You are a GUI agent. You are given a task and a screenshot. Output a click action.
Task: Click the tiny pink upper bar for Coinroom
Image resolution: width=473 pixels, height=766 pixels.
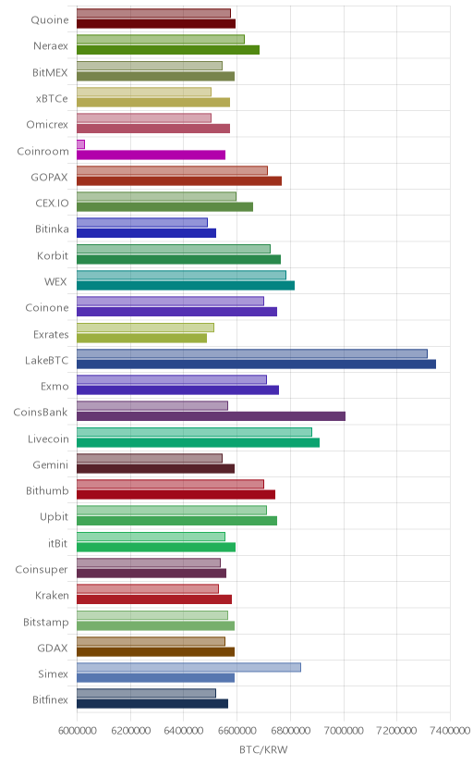80,144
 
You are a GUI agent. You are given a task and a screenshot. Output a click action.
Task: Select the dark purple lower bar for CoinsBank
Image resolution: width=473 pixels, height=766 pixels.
211,416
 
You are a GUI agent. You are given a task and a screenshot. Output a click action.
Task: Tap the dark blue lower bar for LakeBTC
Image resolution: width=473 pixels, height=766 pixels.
256,364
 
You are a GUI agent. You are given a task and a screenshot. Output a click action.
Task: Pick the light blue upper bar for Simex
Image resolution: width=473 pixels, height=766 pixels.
188,667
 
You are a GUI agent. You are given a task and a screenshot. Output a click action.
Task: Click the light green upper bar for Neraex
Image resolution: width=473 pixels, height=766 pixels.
161,40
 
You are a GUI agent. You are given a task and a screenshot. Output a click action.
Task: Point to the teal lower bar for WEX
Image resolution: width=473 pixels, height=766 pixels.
186,285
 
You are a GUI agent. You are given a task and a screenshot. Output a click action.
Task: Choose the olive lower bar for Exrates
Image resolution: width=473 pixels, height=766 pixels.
141,338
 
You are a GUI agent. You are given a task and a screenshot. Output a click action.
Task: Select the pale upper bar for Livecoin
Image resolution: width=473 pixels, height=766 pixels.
194,432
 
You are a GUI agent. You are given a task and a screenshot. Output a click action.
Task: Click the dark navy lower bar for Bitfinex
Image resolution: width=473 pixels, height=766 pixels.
152,703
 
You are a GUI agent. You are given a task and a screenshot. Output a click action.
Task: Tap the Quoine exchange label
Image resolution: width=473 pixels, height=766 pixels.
50,20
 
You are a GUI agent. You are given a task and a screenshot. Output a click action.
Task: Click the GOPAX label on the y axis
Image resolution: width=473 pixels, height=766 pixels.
49,177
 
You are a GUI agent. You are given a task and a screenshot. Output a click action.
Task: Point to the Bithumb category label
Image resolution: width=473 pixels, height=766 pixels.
47,490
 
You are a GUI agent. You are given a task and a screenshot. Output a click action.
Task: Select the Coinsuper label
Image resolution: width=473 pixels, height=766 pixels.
42,570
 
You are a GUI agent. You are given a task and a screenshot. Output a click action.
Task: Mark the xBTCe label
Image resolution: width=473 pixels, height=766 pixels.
52,99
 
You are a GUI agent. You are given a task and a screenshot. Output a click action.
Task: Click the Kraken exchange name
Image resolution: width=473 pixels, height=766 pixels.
52,596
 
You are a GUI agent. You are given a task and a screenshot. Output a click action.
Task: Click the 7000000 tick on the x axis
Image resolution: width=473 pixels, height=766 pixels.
344,730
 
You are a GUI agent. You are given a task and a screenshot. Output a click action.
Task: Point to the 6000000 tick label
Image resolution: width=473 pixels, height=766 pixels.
77,730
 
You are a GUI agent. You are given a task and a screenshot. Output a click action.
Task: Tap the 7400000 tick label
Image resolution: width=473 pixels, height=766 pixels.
450,730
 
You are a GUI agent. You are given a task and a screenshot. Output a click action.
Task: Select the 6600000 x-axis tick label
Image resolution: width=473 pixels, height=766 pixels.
237,730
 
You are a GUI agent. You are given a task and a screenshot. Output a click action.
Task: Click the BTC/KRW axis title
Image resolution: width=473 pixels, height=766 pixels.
263,750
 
